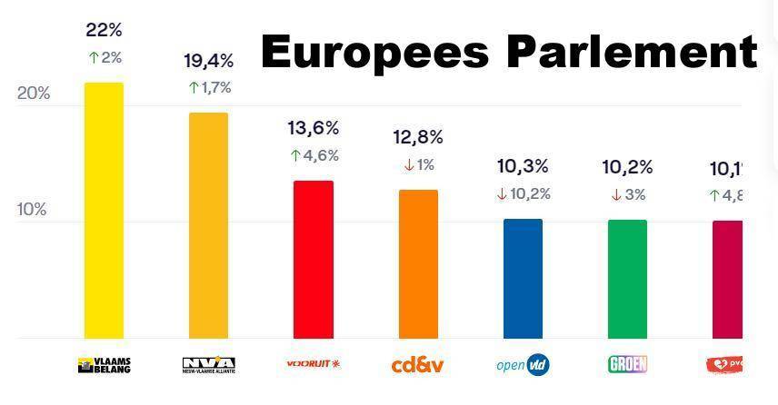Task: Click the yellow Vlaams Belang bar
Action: [104, 211]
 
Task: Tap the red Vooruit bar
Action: [313, 260]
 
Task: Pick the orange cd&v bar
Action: [418, 264]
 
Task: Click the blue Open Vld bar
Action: [523, 279]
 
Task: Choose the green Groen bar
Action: [627, 279]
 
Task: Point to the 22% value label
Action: [104, 30]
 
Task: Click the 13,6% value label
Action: [314, 128]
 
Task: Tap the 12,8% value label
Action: [418, 137]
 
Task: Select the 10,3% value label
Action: [523, 166]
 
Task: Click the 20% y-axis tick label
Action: [34, 94]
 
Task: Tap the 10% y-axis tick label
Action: [32, 210]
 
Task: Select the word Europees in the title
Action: [377, 53]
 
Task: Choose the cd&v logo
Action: [418, 365]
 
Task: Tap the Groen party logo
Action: [627, 365]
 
